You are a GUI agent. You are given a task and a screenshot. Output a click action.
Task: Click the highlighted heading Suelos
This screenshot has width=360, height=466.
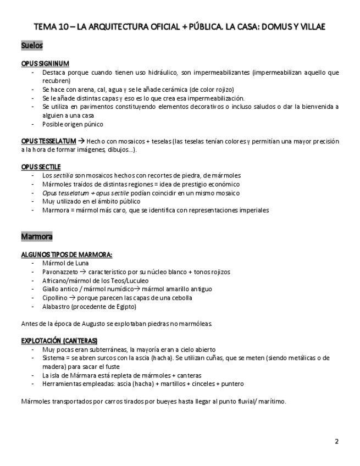click(x=32, y=46)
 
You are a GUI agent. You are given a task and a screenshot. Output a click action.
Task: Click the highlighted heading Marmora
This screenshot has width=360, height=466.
click(x=37, y=237)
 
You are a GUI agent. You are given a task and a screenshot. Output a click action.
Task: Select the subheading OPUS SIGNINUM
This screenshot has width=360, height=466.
click(x=45, y=64)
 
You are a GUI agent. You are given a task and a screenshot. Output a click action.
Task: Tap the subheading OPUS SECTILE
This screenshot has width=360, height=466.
click(x=41, y=167)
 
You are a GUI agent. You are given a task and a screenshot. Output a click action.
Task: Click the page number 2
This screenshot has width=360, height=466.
click(x=337, y=441)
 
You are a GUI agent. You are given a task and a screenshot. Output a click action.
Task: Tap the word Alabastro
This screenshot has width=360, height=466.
click(x=56, y=307)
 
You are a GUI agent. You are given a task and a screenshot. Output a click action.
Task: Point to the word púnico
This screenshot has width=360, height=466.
click(x=93, y=124)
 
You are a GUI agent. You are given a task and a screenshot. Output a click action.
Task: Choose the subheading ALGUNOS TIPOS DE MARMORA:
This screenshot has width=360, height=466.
click(x=67, y=254)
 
